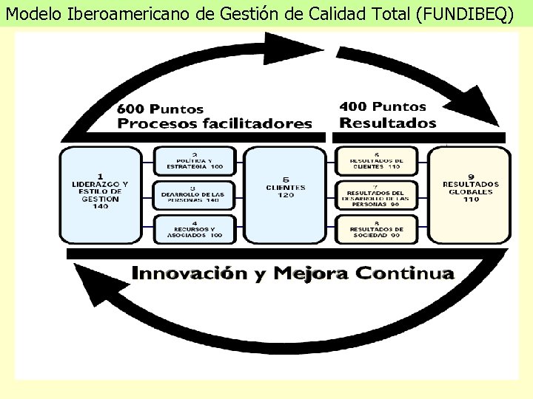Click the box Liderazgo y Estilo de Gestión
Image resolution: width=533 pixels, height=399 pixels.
tap(101, 194)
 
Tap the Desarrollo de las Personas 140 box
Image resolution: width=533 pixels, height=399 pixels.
tap(194, 194)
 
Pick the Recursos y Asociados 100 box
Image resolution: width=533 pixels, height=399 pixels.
tap(194, 229)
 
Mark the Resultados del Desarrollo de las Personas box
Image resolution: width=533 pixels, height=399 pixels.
tap(378, 195)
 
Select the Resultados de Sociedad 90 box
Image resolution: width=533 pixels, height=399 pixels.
tap(378, 229)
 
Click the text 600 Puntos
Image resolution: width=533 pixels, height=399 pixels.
tap(160, 108)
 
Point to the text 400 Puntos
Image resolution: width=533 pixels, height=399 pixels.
tap(383, 106)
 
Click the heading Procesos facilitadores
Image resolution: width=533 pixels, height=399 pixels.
tap(215, 123)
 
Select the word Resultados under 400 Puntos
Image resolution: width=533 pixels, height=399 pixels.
tap(387, 123)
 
